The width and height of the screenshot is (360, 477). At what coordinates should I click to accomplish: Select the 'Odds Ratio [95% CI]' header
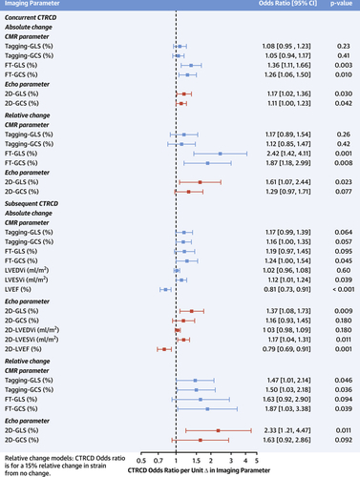coord(277,6)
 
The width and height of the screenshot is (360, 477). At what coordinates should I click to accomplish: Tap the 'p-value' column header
coord(336,6)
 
